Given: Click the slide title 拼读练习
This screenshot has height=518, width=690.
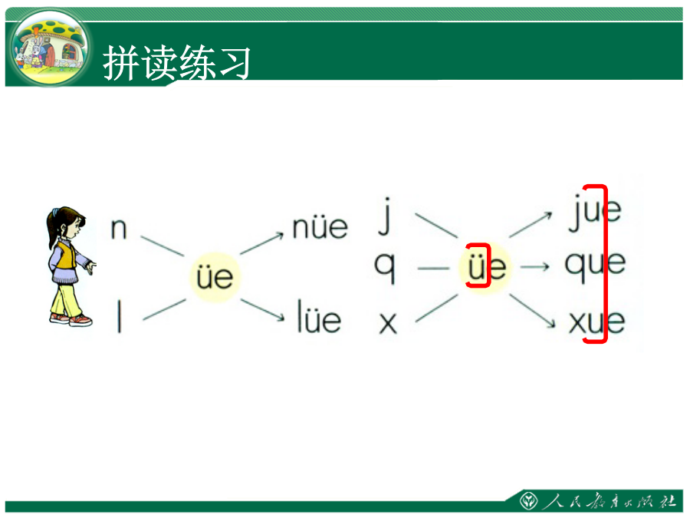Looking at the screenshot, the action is click(x=177, y=63).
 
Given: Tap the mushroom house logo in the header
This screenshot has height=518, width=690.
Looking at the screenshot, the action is click(x=50, y=48).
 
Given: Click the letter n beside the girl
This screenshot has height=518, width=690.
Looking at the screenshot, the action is click(x=118, y=229).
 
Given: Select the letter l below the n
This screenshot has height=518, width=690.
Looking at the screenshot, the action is click(x=119, y=315).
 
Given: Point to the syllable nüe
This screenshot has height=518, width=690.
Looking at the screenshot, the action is click(x=320, y=228).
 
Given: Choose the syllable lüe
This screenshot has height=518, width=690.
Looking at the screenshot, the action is click(x=319, y=316).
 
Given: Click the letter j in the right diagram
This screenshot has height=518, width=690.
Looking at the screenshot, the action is click(x=385, y=216).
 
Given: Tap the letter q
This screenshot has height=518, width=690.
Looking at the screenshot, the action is click(x=385, y=267).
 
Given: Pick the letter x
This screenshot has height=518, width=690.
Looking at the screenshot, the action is click(x=388, y=323).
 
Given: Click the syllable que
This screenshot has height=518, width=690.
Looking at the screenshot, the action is click(x=595, y=266).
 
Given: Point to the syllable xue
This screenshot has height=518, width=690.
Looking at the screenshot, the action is click(x=596, y=322).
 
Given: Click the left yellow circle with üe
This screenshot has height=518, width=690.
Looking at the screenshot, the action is click(x=215, y=278).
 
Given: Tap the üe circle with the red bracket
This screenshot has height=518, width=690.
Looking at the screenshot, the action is click(x=484, y=267).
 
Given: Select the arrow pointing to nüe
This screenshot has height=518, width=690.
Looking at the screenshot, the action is click(x=262, y=243).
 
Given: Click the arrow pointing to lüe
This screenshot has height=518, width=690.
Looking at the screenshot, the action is click(x=263, y=310).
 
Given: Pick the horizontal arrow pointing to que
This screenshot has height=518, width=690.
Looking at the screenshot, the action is click(x=534, y=266).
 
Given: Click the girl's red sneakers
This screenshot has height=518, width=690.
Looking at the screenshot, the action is click(x=71, y=319).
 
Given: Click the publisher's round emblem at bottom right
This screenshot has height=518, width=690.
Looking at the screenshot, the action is click(x=528, y=501).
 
